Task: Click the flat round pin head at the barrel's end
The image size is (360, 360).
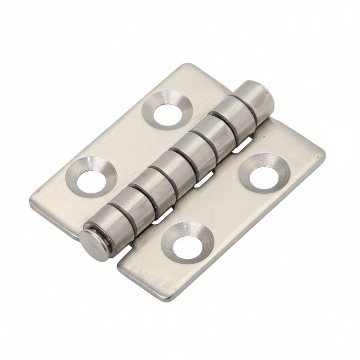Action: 94,243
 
